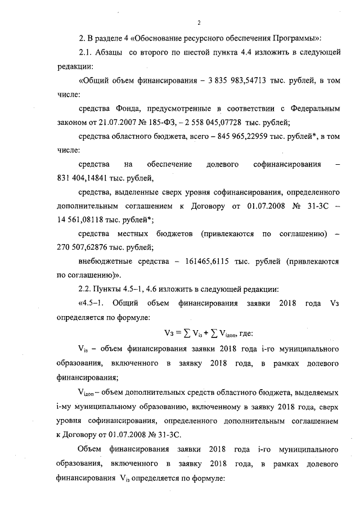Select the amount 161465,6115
coord(217,262)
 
